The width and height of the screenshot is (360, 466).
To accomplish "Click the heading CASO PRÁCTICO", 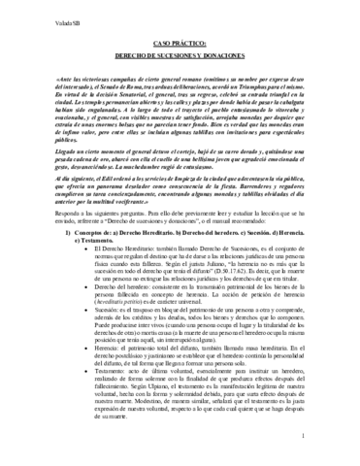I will [180, 44].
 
